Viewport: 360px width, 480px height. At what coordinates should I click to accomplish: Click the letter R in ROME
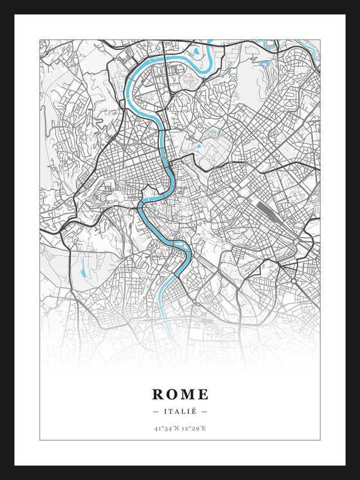pos(158,394)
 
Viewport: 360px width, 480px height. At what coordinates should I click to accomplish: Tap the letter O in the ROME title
pos(172,394)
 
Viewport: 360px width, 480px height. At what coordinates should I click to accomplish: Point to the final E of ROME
pos(203,394)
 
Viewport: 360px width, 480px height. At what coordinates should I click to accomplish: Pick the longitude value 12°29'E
pos(194,427)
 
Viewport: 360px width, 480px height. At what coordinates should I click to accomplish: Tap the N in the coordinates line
pos(177,427)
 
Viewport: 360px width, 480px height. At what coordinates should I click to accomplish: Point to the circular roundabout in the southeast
pos(293,281)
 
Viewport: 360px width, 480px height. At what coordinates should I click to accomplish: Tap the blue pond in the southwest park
pos(83,274)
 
